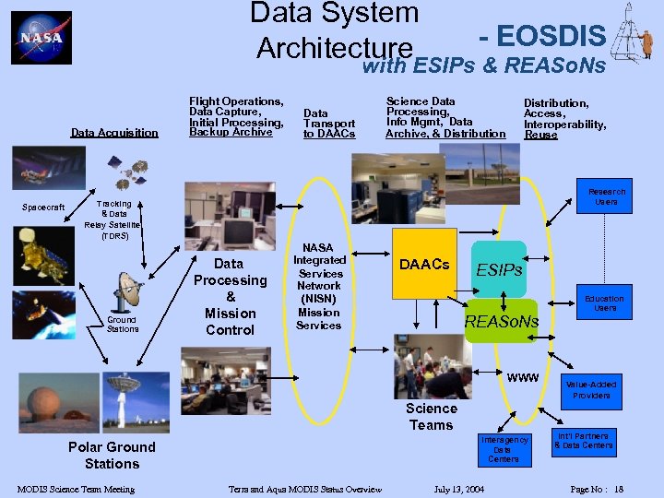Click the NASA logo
(x=41, y=38)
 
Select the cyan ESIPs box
(x=498, y=270)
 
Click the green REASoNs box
(x=501, y=321)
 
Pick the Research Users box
(x=606, y=196)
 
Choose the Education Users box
(x=604, y=303)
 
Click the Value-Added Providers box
(x=591, y=389)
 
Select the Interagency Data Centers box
(x=504, y=449)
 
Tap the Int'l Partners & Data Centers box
(x=583, y=441)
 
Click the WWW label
(x=523, y=378)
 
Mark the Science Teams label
(x=431, y=416)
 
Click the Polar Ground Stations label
(x=112, y=455)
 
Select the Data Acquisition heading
(x=114, y=133)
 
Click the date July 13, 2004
(x=459, y=489)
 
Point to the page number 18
(x=619, y=489)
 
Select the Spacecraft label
(x=43, y=207)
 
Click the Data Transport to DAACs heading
(x=329, y=124)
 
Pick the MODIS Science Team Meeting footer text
(x=76, y=489)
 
